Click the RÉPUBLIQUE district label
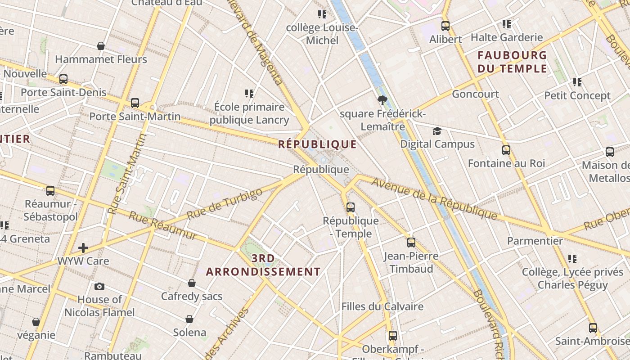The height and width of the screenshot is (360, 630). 317,144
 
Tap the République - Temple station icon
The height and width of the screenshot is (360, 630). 351,207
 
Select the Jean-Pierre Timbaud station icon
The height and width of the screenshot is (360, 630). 411,243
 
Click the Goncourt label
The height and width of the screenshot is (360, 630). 475,94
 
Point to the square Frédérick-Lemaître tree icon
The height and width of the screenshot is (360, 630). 382,100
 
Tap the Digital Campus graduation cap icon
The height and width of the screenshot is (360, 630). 437,131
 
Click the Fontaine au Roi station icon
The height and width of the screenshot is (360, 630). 506,150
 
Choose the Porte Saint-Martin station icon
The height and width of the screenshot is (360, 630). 135,103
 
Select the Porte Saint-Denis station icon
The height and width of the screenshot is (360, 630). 63,79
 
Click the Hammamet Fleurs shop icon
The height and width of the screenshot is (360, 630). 101,46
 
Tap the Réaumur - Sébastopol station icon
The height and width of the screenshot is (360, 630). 50,190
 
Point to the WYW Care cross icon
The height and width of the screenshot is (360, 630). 83,247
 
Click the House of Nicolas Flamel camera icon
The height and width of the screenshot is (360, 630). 99,286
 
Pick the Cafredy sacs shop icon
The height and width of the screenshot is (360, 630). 192,283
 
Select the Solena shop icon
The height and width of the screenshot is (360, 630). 189,319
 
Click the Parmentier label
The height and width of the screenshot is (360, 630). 535,241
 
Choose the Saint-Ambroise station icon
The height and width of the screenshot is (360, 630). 593,328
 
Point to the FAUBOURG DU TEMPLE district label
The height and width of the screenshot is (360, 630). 512,62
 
